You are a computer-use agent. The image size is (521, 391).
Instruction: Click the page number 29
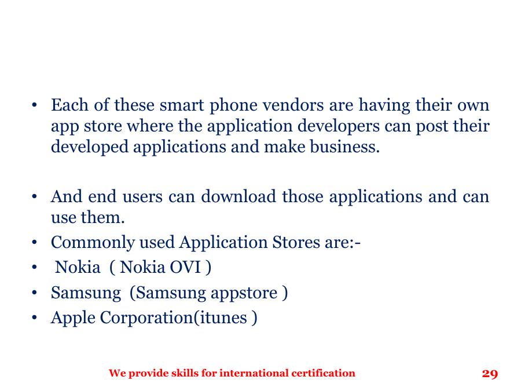[490, 374]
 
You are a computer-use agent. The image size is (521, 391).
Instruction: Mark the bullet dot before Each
[35, 106]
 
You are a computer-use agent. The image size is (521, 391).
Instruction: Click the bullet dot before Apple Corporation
[35, 319]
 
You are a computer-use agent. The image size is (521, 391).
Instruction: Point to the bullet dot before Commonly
[35, 243]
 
